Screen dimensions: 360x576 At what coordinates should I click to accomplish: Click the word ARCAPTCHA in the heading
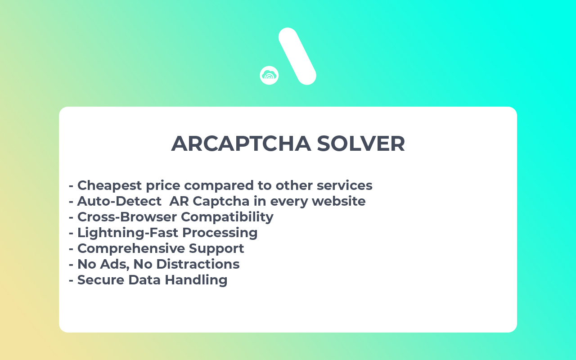(241, 144)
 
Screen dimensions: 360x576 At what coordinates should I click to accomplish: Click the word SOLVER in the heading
(361, 144)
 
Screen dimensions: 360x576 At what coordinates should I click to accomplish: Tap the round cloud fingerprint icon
(269, 75)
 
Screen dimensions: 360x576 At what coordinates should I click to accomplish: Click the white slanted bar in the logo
(297, 56)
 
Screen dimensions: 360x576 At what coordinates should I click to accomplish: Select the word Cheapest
(106, 185)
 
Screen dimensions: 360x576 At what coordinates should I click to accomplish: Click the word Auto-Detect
(119, 201)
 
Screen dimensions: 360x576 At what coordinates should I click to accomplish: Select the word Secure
(101, 280)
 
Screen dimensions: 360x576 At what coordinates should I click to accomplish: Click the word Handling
(196, 280)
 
